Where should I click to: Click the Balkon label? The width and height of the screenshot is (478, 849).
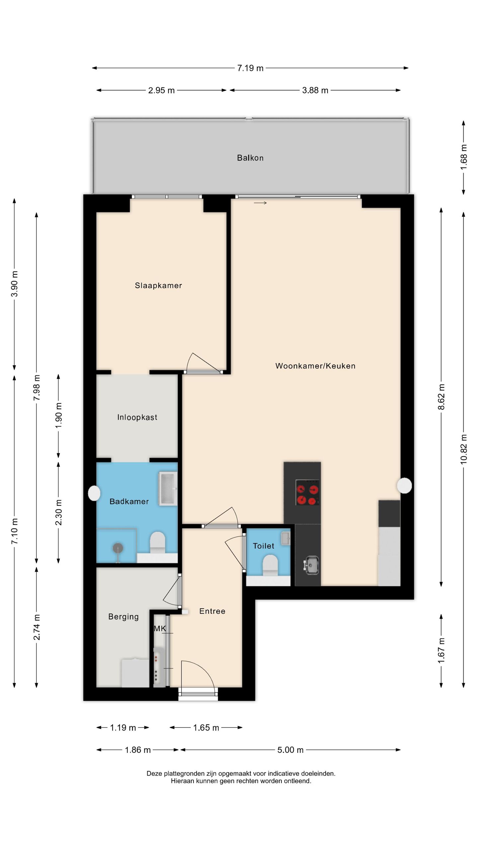pos(250,158)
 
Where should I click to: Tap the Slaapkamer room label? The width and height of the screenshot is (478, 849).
pos(158,286)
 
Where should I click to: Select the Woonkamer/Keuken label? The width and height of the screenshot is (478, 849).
pos(315,366)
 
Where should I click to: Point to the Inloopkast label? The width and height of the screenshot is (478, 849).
pos(137,417)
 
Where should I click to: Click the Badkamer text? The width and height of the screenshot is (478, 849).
pos(129,501)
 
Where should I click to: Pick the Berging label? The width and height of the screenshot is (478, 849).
pos(123,617)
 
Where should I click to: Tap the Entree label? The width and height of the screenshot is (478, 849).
pos(212,611)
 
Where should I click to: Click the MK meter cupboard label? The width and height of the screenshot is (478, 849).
pos(160,628)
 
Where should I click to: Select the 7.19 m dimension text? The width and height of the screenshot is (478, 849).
pos(250,68)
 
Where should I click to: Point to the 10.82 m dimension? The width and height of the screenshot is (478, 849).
pos(464,449)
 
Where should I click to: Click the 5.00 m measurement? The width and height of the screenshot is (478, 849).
pos(290,750)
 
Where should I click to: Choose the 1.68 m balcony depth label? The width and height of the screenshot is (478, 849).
pos(464,157)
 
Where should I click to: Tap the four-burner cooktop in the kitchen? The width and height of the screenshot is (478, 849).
pos(308,492)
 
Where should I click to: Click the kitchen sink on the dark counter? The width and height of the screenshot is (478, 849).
pos(311,565)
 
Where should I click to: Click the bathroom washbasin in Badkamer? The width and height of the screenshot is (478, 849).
pos(168,489)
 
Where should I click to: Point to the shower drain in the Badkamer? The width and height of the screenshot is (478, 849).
pos(118,548)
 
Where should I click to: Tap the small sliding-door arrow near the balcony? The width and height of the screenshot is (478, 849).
pos(260,203)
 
